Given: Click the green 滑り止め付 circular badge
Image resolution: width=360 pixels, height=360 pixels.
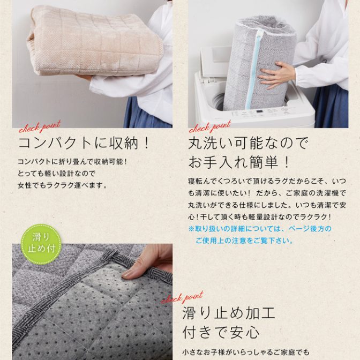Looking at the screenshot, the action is coord(41,244).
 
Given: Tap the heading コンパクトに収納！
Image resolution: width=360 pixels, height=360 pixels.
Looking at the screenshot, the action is coord(84,143).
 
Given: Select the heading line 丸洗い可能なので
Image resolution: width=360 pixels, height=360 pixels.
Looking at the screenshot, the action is coord(248,143).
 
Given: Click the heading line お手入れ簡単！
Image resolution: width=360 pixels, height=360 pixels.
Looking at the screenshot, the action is coord(239,162).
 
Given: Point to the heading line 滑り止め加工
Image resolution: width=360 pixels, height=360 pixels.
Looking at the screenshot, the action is coord(229,313).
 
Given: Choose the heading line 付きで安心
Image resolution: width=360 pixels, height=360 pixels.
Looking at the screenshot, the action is coord(221,332).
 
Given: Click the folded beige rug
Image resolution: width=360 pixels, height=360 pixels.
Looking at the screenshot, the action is coord(95,41).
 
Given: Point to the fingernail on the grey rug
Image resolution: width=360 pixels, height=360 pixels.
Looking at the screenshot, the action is coord(127,274).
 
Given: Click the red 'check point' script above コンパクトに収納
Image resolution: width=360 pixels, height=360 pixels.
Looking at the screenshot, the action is coord(40,127).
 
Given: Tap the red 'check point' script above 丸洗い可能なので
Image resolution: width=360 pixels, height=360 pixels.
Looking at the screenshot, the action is coord(210,127).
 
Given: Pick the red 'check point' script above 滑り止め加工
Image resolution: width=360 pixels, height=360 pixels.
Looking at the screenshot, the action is coord(182,297).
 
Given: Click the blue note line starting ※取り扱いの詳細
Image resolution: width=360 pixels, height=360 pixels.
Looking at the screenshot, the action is coord(260,229).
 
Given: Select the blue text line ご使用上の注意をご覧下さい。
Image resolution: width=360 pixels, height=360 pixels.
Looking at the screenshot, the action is coord(244,241).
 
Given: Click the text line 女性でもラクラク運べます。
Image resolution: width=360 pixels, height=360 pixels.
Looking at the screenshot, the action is coord(63,185).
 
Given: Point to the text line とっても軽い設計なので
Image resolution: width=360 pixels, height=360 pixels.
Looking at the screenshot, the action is coord(56,174).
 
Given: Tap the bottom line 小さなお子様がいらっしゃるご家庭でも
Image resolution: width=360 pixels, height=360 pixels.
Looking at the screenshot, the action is coord(246,352).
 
